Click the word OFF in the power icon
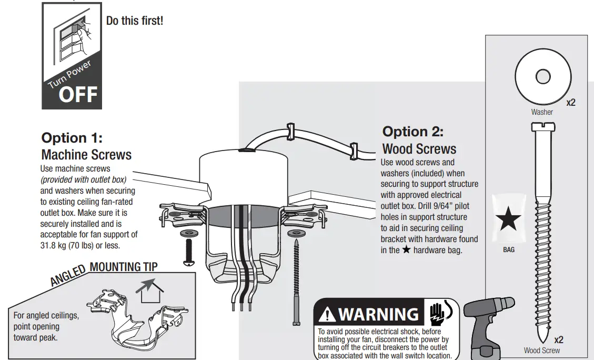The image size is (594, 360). pyautogui.click(x=78, y=95)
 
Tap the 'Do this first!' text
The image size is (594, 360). pyautogui.click(x=135, y=21)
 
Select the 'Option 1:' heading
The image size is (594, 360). pyautogui.click(x=72, y=138)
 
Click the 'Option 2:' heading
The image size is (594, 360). pyautogui.click(x=412, y=131)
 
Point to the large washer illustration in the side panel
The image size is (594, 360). pyautogui.click(x=542, y=77)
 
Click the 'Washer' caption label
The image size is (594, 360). pyautogui.click(x=542, y=112)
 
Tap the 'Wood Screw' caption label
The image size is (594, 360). pyautogui.click(x=541, y=351)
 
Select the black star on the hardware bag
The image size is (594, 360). pyautogui.click(x=508, y=220)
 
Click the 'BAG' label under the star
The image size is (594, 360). pyautogui.click(x=509, y=250)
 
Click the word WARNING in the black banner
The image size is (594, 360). pyautogui.click(x=378, y=315)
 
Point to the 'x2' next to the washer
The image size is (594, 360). pyautogui.click(x=571, y=103)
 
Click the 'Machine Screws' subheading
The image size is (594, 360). pyautogui.click(x=86, y=155)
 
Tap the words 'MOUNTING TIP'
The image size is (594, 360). pyautogui.click(x=123, y=267)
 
